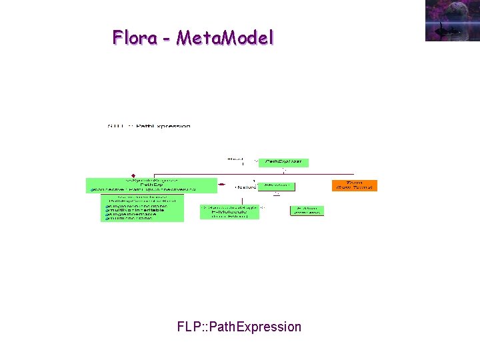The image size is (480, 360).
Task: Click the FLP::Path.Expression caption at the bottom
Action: point(239,327)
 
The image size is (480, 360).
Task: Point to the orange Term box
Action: point(355,185)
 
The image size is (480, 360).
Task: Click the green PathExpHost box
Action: point(283,162)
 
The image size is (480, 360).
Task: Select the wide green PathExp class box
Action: point(152,185)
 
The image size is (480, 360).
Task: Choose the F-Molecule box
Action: point(230,212)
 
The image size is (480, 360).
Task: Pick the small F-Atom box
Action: point(307,211)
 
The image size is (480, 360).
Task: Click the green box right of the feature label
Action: point(277,186)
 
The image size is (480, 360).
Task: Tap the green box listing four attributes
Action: point(142,208)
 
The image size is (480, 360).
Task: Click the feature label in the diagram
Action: point(245,187)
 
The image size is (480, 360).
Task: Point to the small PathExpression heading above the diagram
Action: point(149,126)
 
